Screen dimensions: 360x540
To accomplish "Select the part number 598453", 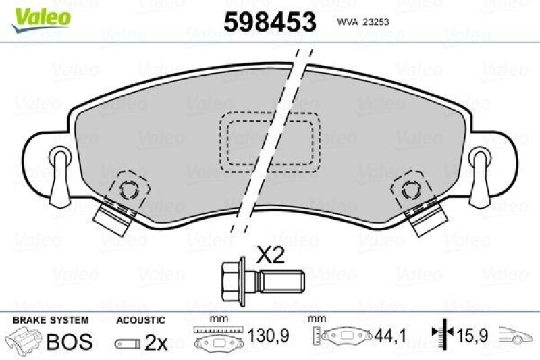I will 269,22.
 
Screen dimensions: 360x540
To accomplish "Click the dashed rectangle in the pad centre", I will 270,140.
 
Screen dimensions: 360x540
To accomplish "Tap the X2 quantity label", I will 271,254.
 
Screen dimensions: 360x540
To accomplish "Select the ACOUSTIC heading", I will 140,319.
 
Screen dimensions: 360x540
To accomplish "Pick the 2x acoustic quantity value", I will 156,343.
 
